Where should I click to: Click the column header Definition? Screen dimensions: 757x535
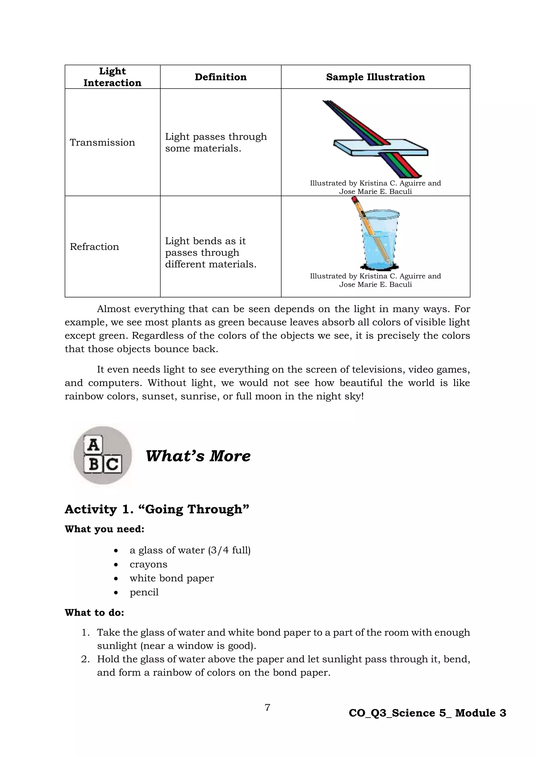pos(220,77)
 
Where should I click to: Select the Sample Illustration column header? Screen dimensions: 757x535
pos(375,77)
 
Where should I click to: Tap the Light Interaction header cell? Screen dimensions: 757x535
pos(112,77)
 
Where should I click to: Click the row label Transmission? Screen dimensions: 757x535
pos(102,142)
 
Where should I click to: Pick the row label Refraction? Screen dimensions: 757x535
pos(94,246)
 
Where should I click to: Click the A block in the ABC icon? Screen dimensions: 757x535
pos(93,445)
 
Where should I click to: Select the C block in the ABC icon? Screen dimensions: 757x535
pos(112,464)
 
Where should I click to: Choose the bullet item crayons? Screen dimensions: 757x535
pos(148,564)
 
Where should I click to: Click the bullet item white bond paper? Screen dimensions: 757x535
pos(172,578)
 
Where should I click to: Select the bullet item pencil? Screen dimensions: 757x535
pos(144,592)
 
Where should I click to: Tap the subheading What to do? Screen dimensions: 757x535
pos(94,613)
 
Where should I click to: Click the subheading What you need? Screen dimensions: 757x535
pos(104,529)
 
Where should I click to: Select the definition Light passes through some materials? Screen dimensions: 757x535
pos(216,142)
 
